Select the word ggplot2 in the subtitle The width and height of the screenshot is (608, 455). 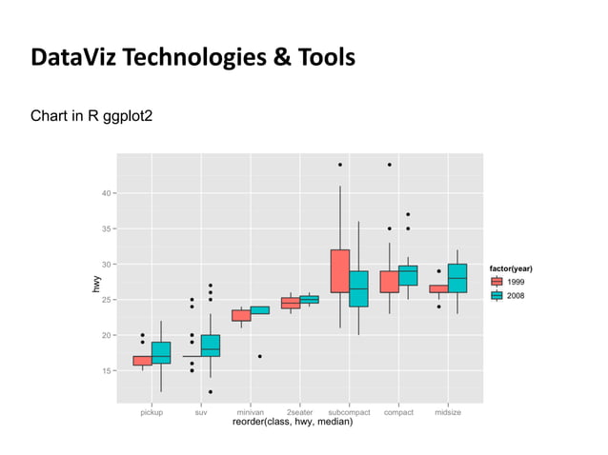126,117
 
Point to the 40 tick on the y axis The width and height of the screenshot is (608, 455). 104,192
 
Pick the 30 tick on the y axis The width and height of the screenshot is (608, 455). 104,264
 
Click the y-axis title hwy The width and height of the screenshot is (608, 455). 96,283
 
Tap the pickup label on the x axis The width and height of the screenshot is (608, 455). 152,412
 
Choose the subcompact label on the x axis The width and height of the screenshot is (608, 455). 349,412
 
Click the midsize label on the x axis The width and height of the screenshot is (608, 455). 448,412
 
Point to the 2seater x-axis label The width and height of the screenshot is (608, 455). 299,412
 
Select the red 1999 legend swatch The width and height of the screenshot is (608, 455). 497,283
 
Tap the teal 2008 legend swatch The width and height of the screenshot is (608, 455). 497,296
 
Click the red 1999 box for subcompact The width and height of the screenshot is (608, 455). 339,270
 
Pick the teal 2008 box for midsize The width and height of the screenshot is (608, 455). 457,278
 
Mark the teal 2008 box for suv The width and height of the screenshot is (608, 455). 211,346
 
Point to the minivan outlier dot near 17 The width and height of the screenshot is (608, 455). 259,356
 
